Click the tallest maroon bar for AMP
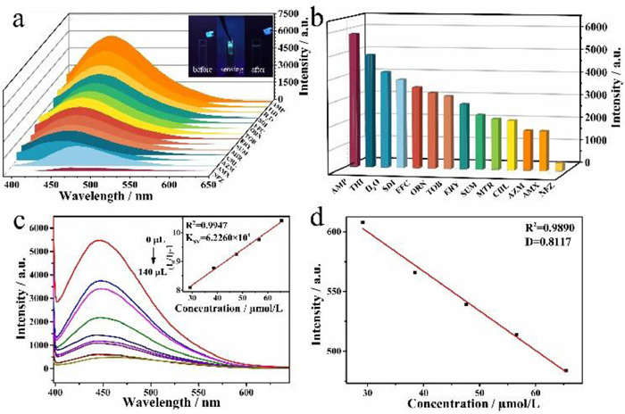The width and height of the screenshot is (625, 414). (354, 98)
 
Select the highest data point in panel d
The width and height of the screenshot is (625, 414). (363, 222)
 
